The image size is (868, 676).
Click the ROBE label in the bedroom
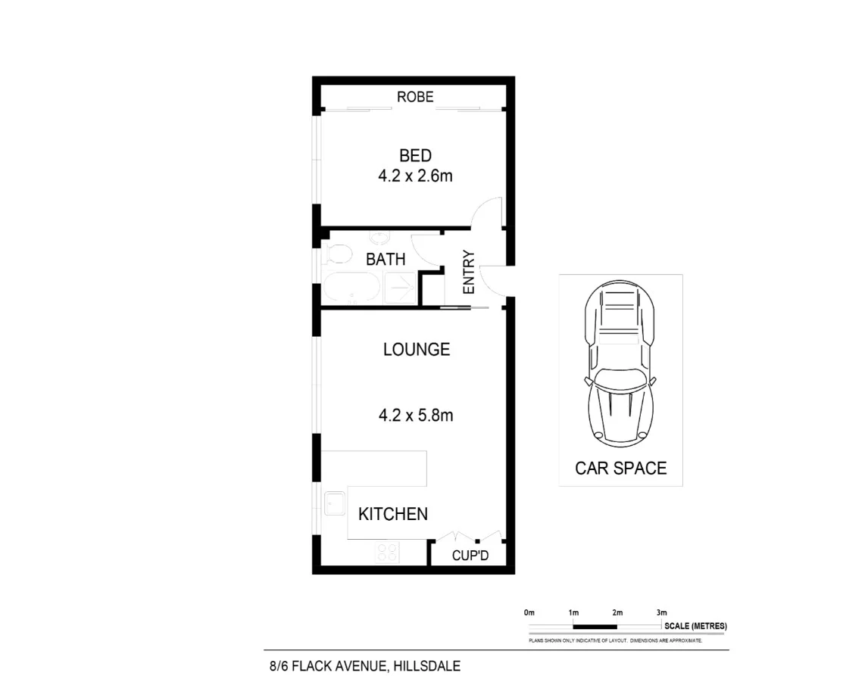(416, 97)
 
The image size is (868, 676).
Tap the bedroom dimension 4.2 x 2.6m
(416, 176)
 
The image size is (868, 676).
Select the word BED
(416, 156)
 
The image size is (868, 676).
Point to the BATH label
(386, 259)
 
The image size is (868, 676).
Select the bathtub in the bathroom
(351, 288)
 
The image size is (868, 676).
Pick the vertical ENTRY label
(468, 273)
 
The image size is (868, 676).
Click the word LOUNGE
(416, 350)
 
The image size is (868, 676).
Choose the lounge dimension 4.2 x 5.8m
(416, 415)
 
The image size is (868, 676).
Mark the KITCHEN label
(392, 514)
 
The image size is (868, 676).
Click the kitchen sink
(334, 503)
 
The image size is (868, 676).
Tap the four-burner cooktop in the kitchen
(388, 553)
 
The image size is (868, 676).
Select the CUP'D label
(470, 556)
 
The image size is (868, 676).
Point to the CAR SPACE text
(620, 468)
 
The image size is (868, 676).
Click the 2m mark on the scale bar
(617, 612)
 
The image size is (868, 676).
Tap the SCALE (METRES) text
(695, 626)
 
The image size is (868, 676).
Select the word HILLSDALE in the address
(426, 666)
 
